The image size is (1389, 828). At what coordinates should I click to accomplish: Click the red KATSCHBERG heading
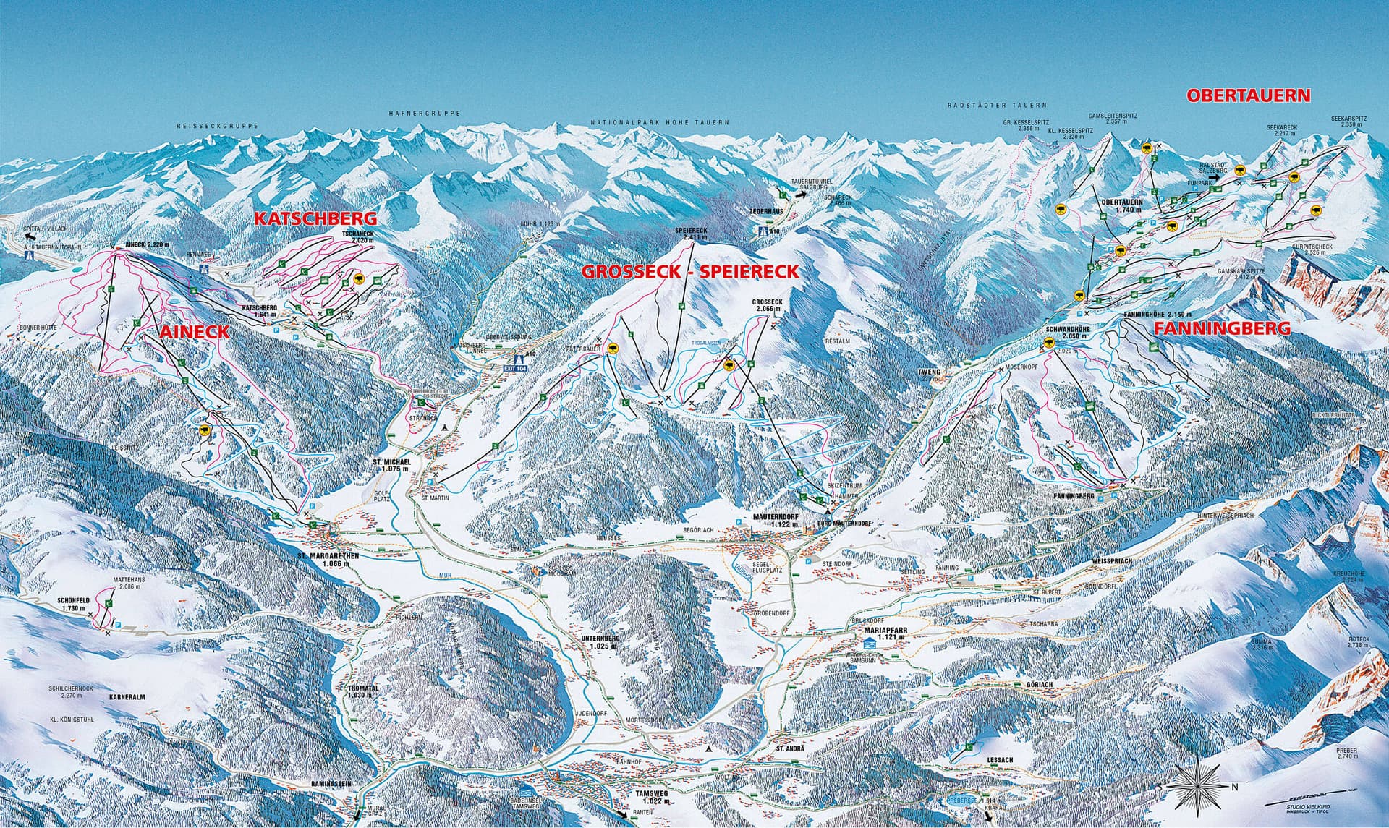coord(315,218)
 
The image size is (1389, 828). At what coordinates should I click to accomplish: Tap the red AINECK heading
coord(193,332)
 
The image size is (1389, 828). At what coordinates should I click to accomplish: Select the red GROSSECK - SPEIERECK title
coord(691,272)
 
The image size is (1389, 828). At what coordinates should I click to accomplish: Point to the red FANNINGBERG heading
coord(1222,328)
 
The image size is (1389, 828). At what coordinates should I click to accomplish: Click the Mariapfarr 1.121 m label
coord(880,633)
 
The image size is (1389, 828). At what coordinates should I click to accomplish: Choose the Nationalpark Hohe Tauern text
coord(659,124)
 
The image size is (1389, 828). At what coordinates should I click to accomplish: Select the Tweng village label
coord(930,372)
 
